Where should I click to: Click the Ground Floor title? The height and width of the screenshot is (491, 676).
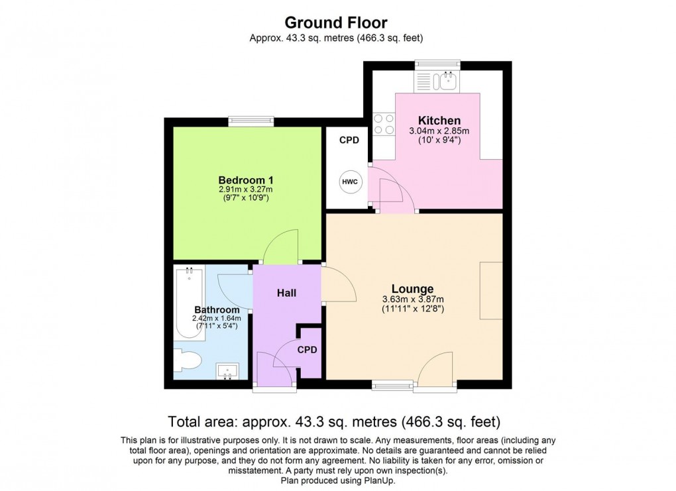[x=337, y=23]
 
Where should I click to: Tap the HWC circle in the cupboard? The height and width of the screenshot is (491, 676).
[x=349, y=181]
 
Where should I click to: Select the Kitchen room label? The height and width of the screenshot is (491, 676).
[x=439, y=121]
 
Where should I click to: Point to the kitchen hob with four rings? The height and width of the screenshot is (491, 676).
[x=383, y=125]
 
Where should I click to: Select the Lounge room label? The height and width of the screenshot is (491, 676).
[x=412, y=289]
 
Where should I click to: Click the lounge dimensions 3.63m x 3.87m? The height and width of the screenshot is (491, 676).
[x=412, y=299]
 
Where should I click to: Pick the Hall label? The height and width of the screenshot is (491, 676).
[x=286, y=292]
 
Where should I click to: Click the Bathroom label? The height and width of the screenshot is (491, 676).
[x=217, y=309]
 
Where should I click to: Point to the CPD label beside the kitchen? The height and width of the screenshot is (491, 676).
[x=349, y=140]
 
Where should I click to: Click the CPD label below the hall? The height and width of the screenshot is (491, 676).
[x=307, y=349]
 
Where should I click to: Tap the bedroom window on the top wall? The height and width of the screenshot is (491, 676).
[x=251, y=121]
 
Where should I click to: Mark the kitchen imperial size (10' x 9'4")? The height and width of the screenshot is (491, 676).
[x=439, y=140]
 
